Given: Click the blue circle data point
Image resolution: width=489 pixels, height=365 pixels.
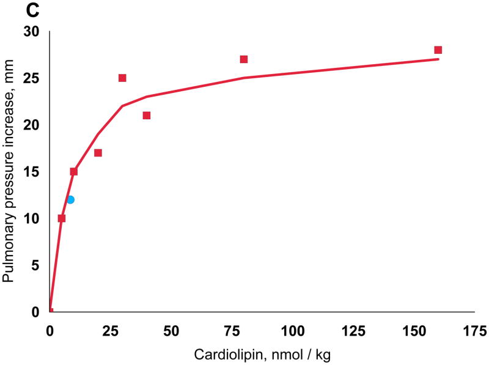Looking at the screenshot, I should click(70, 200).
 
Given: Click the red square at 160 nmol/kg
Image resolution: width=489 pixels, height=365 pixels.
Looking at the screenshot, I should click(438, 50).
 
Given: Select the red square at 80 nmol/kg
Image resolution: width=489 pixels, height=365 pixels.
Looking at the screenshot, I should click(244, 59).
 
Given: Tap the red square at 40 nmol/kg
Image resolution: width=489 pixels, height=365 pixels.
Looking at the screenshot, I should click(147, 116).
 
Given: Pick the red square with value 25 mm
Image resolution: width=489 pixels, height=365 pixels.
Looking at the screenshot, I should click(122, 78).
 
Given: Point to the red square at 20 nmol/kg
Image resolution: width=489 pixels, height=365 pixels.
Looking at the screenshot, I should click(98, 153).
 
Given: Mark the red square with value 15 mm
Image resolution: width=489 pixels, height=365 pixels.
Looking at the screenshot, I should click(74, 172).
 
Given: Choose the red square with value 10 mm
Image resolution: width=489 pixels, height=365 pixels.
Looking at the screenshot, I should click(61, 218).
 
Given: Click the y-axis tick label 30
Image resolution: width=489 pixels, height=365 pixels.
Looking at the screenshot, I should click(31, 32).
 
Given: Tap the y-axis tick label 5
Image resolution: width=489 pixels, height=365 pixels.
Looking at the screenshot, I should click(35, 265).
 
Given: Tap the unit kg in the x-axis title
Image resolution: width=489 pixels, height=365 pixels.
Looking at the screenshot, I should click(323, 355).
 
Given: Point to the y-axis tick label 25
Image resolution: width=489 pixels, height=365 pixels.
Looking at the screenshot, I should click(31, 78).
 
